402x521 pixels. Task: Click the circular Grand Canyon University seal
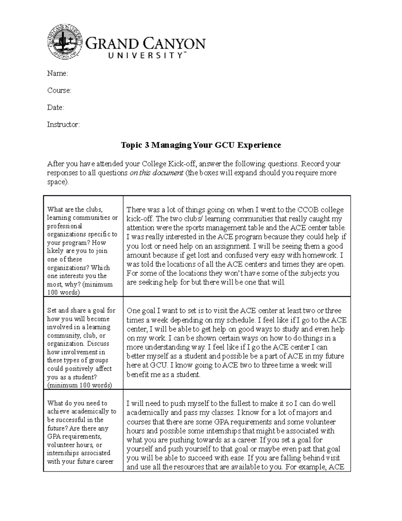(x=65, y=43)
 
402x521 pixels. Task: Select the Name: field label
(x=57, y=73)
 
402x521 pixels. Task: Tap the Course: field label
(x=59, y=91)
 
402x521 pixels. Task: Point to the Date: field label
(x=55, y=108)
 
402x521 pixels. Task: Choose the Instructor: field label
(x=63, y=125)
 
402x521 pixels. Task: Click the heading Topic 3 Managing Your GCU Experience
(x=201, y=145)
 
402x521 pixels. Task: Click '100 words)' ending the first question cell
(x=64, y=293)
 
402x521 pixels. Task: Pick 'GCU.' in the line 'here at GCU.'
(x=159, y=365)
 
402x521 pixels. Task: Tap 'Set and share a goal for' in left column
(x=81, y=311)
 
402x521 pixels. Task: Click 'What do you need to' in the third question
(x=77, y=403)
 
